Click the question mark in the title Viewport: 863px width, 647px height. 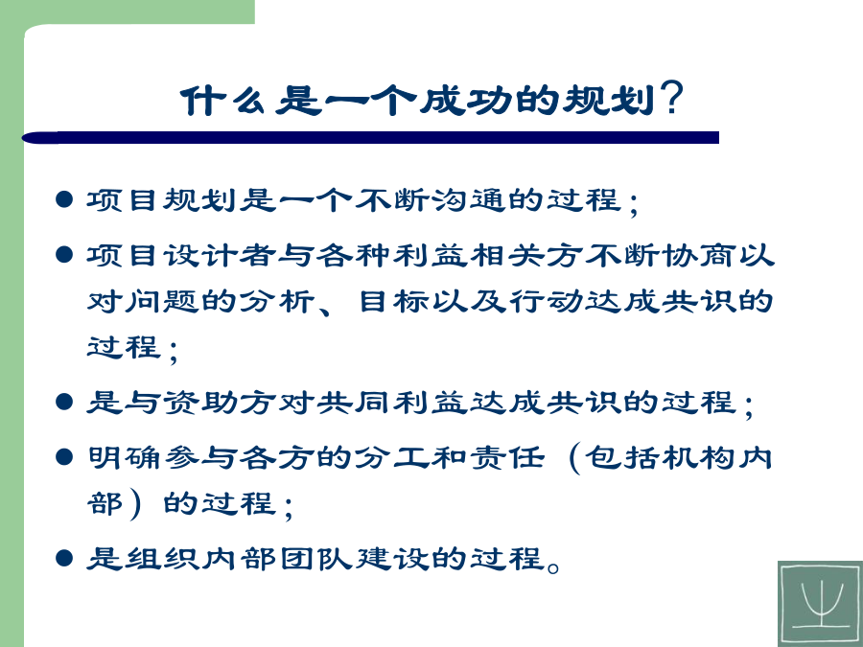(671, 98)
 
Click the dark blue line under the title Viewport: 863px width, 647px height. (370, 137)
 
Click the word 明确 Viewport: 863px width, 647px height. (125, 457)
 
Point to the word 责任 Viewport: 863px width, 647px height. (507, 457)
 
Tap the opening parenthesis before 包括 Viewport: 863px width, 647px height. (574, 459)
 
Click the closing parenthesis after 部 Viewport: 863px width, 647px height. (135, 505)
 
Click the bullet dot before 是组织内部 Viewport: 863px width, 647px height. (64, 558)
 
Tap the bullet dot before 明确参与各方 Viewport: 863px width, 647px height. (64, 456)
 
